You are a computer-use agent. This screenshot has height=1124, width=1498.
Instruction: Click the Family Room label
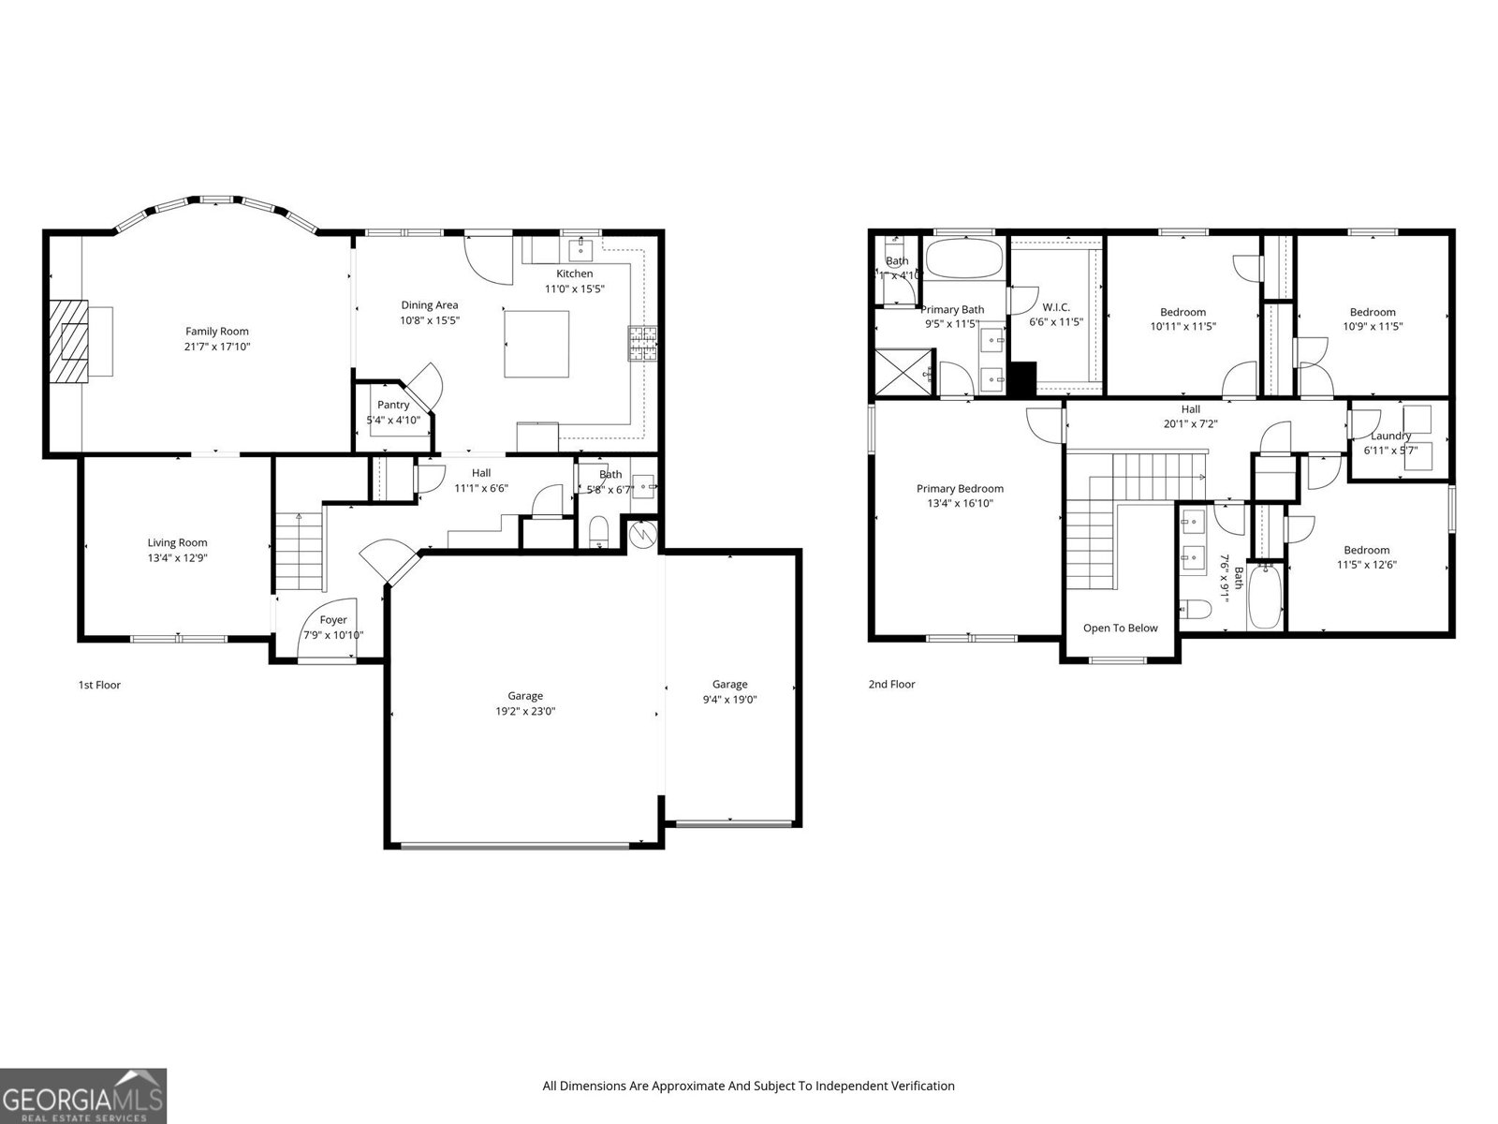(217, 331)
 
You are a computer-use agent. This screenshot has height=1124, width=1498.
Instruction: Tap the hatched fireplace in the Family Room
(67, 340)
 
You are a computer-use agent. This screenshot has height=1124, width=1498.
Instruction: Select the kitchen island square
(536, 344)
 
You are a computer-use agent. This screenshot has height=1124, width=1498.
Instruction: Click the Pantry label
(393, 405)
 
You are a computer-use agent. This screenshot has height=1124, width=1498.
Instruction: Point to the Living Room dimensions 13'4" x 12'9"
(177, 557)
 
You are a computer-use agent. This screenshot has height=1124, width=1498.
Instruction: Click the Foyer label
(333, 619)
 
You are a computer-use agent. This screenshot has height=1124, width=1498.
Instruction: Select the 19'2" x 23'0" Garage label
(525, 696)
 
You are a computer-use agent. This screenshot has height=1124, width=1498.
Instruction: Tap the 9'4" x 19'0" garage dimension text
(729, 699)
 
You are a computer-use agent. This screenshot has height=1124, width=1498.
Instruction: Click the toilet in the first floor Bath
(599, 532)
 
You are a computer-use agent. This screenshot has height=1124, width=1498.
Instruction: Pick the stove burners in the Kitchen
(642, 344)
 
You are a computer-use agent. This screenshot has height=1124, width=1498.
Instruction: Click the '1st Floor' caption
(99, 685)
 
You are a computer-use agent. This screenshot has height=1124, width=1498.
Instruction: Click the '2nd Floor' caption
(891, 684)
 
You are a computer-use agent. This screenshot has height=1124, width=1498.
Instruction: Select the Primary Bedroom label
(960, 488)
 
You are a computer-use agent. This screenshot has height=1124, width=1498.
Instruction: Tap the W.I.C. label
(1056, 307)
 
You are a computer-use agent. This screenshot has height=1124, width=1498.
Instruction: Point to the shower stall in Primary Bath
(903, 372)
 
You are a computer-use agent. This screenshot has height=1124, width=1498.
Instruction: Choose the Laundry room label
(1390, 436)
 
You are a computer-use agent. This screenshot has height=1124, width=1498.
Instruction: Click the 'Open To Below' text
(1120, 628)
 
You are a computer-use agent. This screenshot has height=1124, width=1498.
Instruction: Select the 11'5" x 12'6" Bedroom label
(1367, 550)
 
